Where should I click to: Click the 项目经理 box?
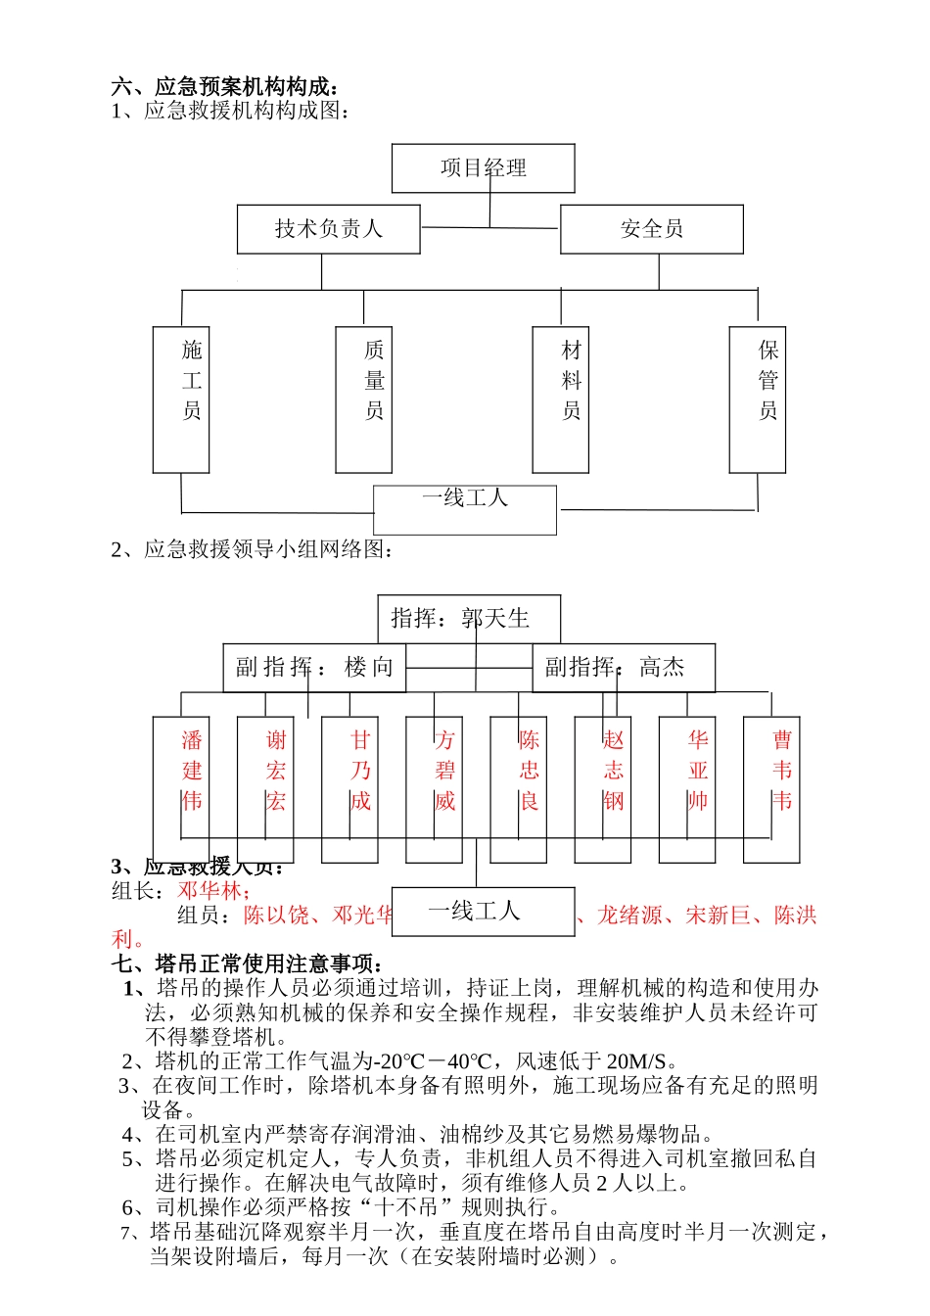[x=483, y=168]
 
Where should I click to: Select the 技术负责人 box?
[x=328, y=229]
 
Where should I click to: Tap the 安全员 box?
[x=651, y=229]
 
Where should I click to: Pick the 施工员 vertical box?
[x=181, y=399]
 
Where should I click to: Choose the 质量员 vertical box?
[x=364, y=399]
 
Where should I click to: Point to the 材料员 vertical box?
[x=561, y=399]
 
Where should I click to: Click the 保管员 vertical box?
[x=758, y=399]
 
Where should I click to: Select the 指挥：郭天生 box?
[x=469, y=619]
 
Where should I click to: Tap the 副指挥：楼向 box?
[x=314, y=668]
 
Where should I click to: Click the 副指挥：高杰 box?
[x=623, y=668]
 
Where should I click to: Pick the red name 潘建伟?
[x=192, y=771]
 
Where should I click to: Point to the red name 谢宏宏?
[x=276, y=771]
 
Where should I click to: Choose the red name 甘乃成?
[x=360, y=771]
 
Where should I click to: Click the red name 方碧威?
[x=444, y=771]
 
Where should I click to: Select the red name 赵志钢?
[x=614, y=771]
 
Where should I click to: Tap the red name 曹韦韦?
[x=782, y=771]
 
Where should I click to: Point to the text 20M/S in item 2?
[x=636, y=1061]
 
